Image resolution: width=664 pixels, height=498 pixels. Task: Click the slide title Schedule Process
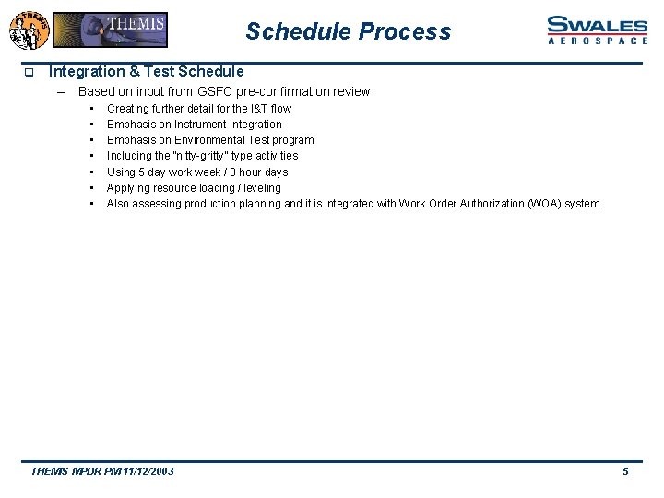[349, 31]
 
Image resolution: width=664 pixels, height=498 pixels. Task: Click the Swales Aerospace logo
[597, 30]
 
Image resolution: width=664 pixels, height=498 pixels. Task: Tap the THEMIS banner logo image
[110, 30]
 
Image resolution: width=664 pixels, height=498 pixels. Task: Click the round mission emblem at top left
[28, 30]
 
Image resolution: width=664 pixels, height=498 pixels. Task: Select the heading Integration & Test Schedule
[146, 71]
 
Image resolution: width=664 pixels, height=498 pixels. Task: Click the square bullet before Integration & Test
[29, 72]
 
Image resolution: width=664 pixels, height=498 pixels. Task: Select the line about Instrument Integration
[194, 124]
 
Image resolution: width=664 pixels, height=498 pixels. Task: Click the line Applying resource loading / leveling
[194, 187]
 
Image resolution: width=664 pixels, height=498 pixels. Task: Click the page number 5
[625, 471]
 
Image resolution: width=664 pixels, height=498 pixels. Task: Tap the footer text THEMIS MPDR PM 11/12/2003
[102, 471]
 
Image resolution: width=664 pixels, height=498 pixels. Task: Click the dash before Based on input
[61, 91]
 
